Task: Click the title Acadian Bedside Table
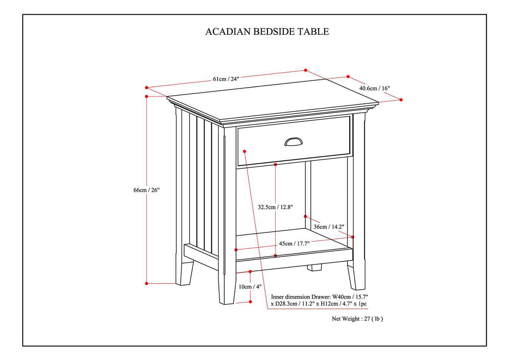pos(267,31)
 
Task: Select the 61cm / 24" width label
pos(226,79)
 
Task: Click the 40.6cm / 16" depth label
pos(374,88)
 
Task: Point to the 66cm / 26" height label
pos(146,190)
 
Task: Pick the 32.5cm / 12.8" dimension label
pos(275,207)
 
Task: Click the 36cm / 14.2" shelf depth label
pos(329,227)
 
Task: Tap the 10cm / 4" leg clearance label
pos(250,287)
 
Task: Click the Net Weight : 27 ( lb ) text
pos(357,318)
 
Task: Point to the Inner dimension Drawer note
pos(319,300)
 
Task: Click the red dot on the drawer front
pos(244,151)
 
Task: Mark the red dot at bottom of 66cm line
pos(147,284)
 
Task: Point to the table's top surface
pos(273,98)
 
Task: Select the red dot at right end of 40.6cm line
pos(401,100)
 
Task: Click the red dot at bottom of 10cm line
pos(250,301)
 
